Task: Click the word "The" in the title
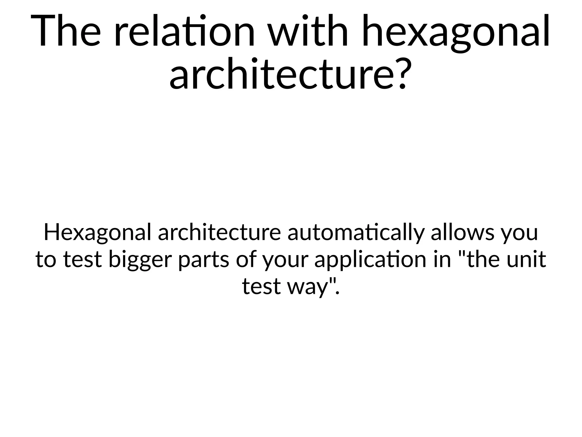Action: (66, 31)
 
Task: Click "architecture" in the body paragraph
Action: (219, 232)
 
